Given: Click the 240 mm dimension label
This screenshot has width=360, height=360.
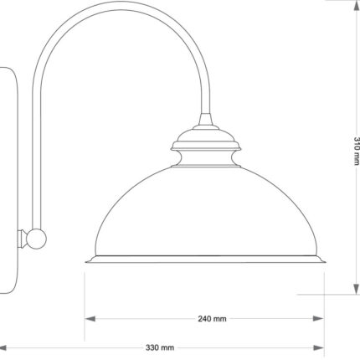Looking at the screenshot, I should pos(212,319).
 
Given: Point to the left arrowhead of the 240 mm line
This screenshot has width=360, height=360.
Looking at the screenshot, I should pos(87,319).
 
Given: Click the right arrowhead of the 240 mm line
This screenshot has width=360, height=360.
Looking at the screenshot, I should pos(321,319).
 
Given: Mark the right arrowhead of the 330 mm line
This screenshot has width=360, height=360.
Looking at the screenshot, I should pos(321,347).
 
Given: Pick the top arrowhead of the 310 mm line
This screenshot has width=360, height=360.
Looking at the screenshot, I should pos(355,7).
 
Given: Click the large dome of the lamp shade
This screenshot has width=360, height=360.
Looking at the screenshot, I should pos(205,213).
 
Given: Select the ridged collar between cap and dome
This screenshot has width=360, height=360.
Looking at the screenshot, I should pos(205,157).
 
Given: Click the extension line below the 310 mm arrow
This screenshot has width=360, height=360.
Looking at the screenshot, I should pos(335,294).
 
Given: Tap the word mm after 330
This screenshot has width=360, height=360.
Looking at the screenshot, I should pos(168,347).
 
